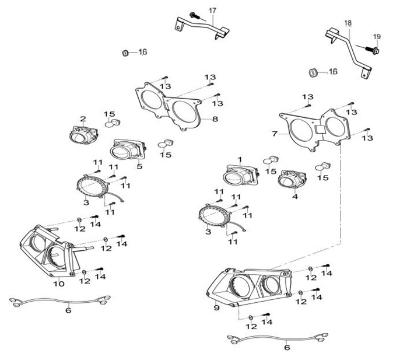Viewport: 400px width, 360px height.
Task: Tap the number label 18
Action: coord(348,23)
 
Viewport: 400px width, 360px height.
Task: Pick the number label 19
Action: coord(376,37)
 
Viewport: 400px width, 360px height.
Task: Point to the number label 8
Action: coord(215,119)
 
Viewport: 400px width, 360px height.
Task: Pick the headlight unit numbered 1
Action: coord(238,174)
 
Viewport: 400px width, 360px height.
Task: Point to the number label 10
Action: coord(58,284)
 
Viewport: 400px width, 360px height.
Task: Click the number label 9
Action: coord(216,307)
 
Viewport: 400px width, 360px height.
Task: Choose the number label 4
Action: coord(295,197)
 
